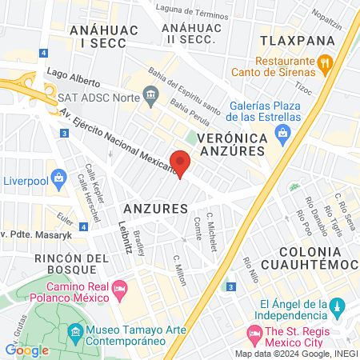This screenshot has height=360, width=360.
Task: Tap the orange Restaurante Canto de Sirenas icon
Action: pos(325,62)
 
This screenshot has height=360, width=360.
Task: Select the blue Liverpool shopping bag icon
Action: pos(57,178)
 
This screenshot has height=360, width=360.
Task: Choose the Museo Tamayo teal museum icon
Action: pos(74,330)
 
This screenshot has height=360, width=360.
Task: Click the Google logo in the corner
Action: pos(26,350)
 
